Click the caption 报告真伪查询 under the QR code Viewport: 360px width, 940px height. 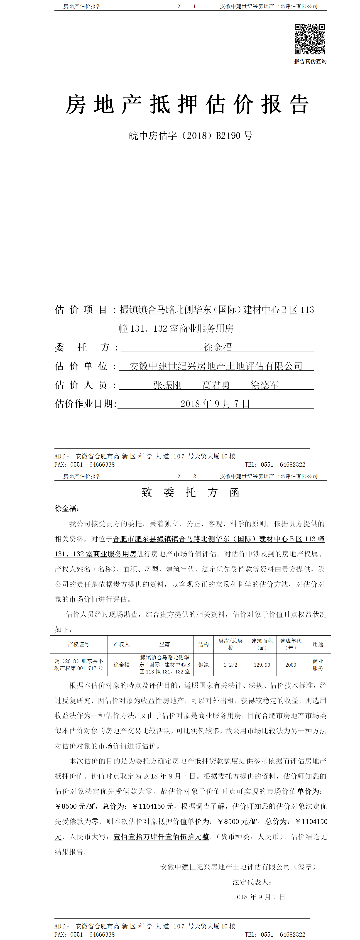310,61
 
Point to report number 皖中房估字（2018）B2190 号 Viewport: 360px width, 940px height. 190,136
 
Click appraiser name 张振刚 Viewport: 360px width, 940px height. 167,385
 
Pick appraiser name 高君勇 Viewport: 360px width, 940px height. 216,385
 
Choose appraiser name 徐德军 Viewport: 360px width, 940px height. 264,385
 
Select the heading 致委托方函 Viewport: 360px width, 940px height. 190,493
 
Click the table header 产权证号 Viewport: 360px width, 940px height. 78,644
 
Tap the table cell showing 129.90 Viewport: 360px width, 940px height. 262,665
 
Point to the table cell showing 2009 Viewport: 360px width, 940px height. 291,665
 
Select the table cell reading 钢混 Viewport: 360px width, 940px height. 203,665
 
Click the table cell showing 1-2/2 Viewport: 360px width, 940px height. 230,665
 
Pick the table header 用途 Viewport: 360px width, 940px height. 318,644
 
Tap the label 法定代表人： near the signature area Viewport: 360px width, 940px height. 252,882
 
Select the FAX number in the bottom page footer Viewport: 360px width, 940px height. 92,935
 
